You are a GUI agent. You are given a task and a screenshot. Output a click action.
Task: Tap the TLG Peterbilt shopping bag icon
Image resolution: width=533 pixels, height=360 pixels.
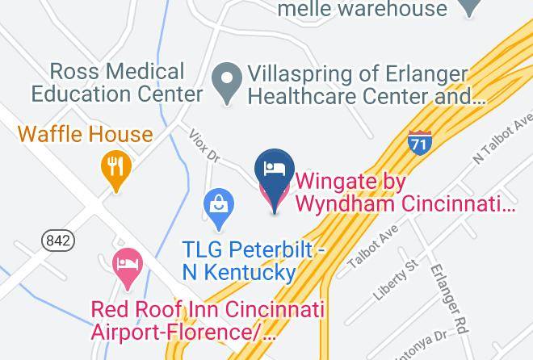coord(218,204)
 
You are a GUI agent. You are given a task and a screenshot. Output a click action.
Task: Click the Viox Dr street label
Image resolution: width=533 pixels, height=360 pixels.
coord(204,147)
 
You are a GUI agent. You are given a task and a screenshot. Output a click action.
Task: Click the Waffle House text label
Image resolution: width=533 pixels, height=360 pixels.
coord(86,133)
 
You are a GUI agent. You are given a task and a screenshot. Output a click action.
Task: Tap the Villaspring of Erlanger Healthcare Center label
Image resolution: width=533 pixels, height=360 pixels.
coord(367,86)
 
